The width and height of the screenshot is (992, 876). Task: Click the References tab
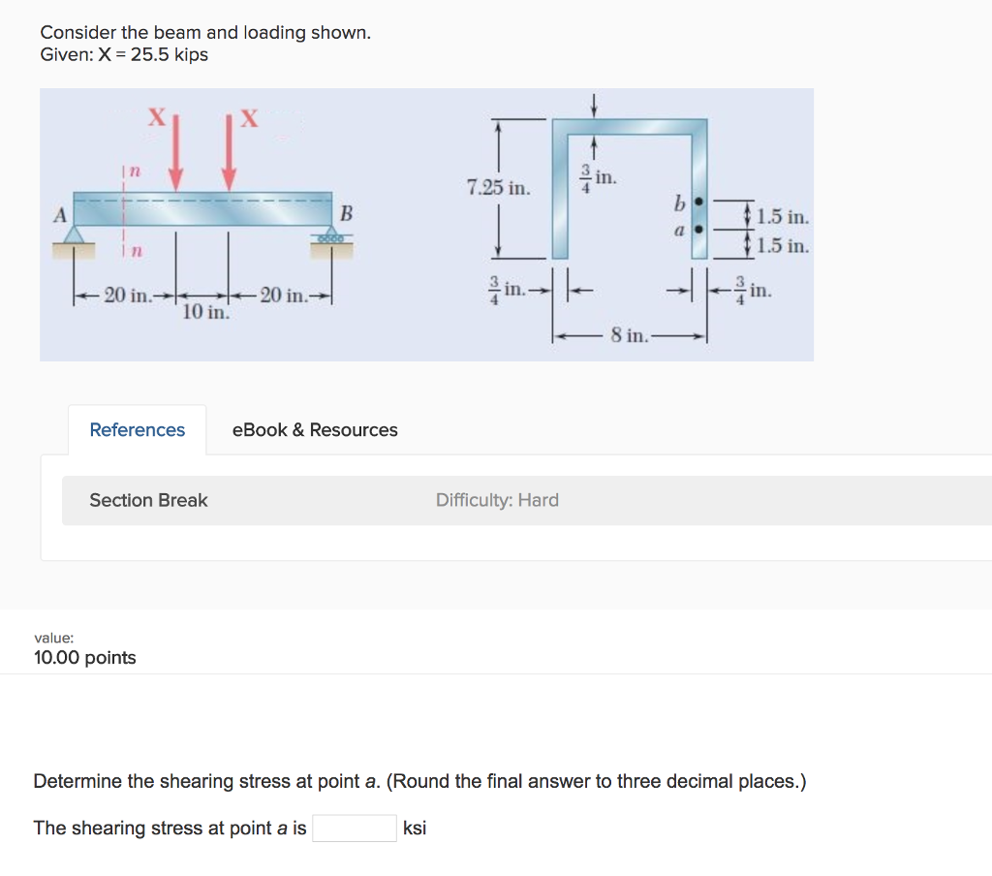click(x=137, y=429)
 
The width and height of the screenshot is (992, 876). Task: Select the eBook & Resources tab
click(x=315, y=429)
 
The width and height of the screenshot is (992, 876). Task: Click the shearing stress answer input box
click(x=354, y=828)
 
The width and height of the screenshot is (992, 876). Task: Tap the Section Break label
click(x=148, y=500)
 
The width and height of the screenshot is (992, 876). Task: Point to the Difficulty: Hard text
click(x=497, y=500)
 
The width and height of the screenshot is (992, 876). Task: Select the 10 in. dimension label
click(x=205, y=312)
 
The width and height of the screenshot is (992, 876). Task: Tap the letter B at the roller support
click(x=346, y=211)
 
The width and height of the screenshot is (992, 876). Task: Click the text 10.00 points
click(x=85, y=658)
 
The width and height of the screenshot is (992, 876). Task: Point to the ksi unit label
click(x=415, y=829)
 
